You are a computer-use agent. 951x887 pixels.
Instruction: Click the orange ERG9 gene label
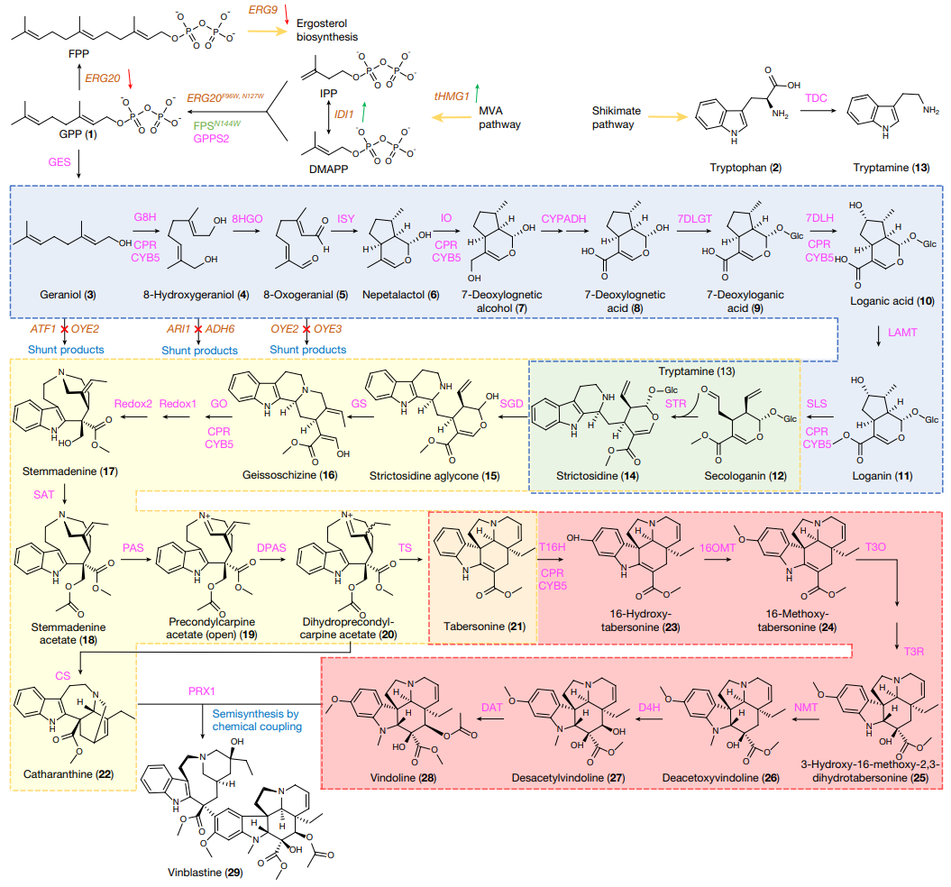coord(262,12)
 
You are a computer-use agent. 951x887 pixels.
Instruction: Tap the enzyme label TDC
coord(816,96)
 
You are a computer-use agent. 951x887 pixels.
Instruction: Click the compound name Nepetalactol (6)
coord(400,295)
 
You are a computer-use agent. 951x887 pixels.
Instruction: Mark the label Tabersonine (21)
coord(482,626)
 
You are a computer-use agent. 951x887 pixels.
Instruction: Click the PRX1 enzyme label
coord(205,690)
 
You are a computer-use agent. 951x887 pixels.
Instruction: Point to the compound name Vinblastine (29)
coord(205,873)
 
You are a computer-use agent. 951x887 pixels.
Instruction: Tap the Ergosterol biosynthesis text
coord(327,30)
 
